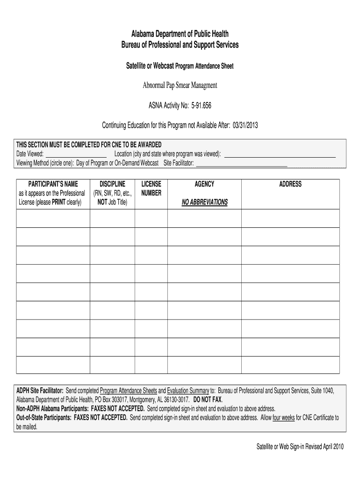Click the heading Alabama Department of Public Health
tap(180, 34)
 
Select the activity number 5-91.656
tap(201, 106)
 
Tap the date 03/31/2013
tap(245, 125)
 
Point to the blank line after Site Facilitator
tap(241, 163)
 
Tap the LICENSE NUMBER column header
tap(151, 189)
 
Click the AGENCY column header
tap(204, 184)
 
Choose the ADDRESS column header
tap(290, 184)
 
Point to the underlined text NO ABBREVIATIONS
tap(204, 202)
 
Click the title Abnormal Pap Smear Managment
tap(180, 86)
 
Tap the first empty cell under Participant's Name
tap(53, 218)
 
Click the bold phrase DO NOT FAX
tap(207, 400)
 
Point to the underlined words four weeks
tap(283, 417)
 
